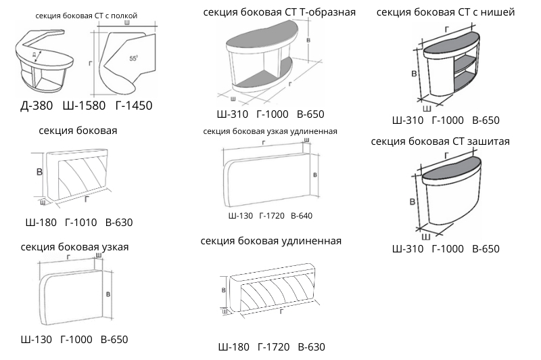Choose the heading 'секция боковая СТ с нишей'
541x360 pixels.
(445, 12)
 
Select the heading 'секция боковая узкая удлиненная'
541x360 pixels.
(269, 131)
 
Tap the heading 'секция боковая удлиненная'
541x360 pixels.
(270, 241)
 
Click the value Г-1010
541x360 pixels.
(82, 222)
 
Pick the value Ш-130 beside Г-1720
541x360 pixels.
(241, 215)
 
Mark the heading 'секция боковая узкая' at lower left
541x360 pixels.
(74, 246)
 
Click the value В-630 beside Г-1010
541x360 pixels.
(119, 222)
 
